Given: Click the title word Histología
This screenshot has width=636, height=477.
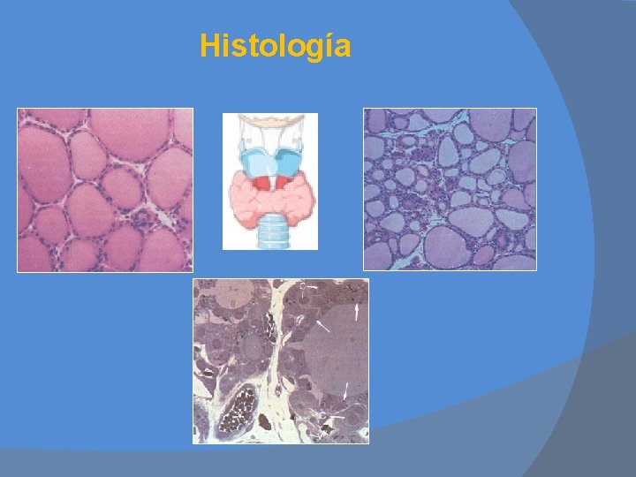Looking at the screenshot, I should pyautogui.click(x=275, y=46).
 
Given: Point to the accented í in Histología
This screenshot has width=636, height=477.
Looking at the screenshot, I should pyautogui.click(x=329, y=45).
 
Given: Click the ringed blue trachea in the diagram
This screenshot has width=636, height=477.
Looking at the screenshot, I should pyautogui.click(x=269, y=231).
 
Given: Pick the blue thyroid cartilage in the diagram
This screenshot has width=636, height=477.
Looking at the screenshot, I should pyautogui.click(x=269, y=163).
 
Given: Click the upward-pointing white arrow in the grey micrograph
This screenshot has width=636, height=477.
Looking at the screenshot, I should pyautogui.click(x=357, y=312).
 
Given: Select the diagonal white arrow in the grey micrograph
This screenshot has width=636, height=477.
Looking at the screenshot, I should pyautogui.click(x=323, y=327).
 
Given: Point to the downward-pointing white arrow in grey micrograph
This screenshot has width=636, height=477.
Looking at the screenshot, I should pyautogui.click(x=346, y=389).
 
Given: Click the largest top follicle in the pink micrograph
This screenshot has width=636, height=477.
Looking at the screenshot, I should pyautogui.click(x=127, y=132).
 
